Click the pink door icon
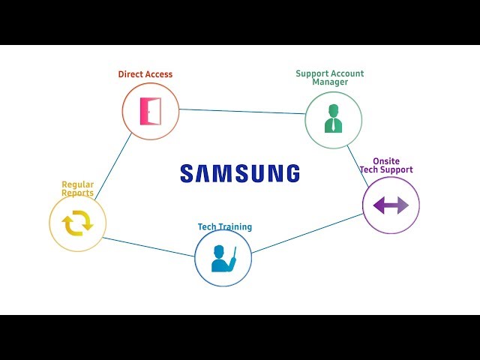click(x=150, y=111)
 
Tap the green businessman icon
click(x=333, y=118)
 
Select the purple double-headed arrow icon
click(x=391, y=205)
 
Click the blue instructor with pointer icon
click(x=223, y=259)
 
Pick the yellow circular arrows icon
click(x=78, y=223)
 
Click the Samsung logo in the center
click(x=240, y=173)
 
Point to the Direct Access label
click(x=145, y=74)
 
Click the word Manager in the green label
click(x=330, y=82)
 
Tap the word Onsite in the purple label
click(x=386, y=161)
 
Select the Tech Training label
click(x=225, y=226)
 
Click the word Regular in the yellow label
click(x=78, y=185)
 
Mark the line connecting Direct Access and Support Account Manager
click(x=242, y=112)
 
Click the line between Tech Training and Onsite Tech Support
click(x=307, y=233)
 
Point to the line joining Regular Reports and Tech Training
click(x=148, y=247)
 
